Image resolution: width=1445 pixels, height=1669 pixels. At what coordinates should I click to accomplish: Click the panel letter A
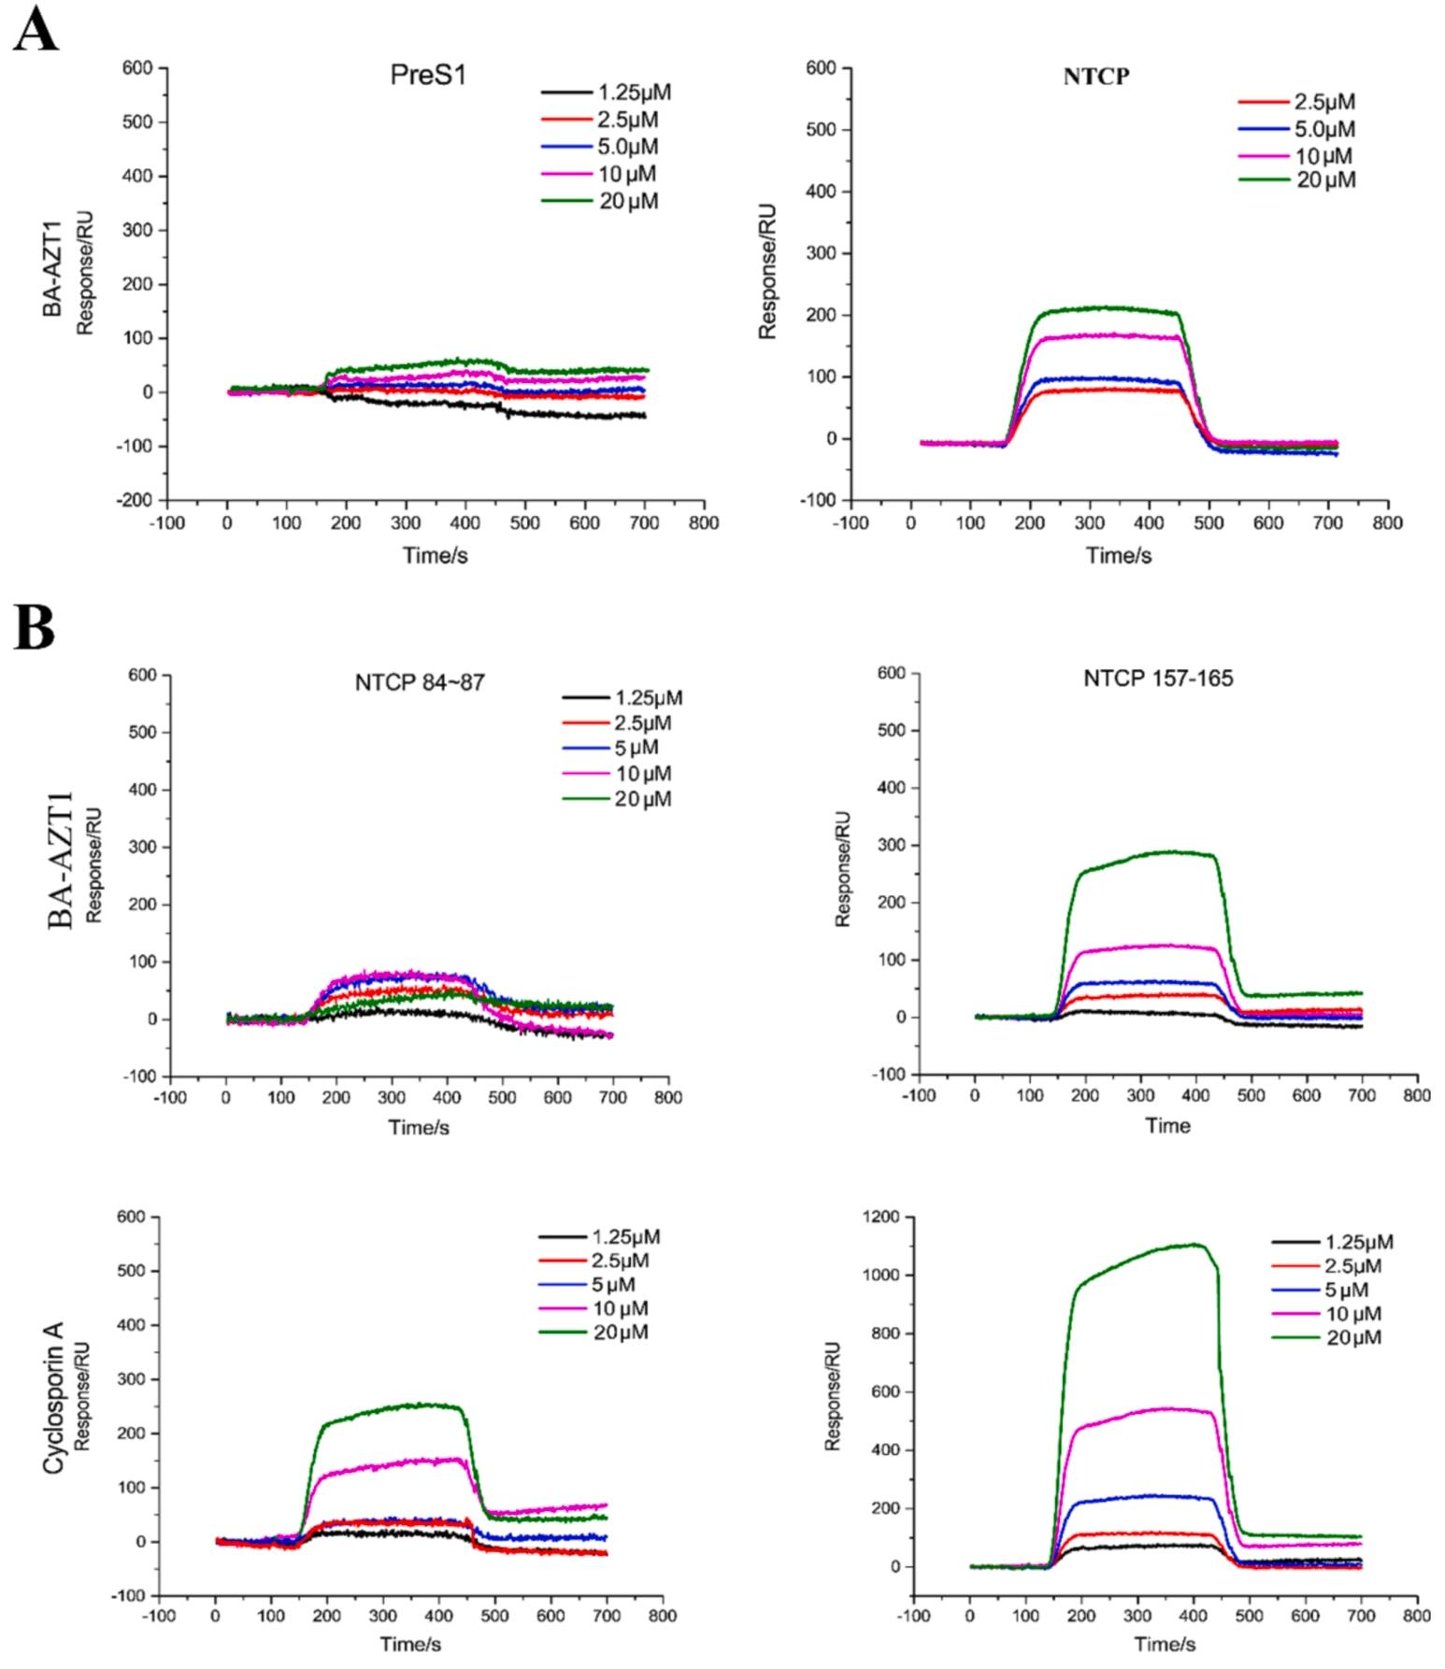point(36,30)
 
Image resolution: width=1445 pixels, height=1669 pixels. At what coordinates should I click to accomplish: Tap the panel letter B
point(35,628)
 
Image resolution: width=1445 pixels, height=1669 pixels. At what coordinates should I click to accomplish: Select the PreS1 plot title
point(427,77)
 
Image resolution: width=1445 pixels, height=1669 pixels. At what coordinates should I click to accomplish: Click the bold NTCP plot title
point(1095,78)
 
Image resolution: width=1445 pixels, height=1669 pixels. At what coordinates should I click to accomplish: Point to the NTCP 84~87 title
point(420,683)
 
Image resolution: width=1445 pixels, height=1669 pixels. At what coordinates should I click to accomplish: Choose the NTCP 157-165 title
point(1158,678)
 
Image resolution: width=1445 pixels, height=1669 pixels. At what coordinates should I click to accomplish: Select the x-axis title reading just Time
point(1167,1126)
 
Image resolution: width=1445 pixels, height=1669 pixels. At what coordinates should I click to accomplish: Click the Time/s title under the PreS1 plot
point(436,556)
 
